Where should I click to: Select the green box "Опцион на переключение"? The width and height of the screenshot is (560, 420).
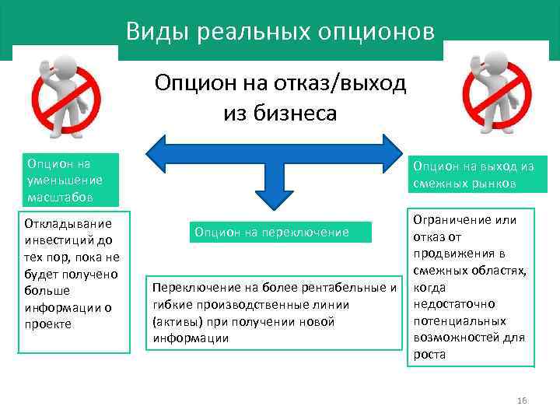(272, 232)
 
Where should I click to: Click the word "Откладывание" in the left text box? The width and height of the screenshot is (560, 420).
(63, 223)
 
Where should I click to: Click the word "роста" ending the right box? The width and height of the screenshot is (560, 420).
(430, 354)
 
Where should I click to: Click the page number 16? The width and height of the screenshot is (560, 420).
(522, 401)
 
